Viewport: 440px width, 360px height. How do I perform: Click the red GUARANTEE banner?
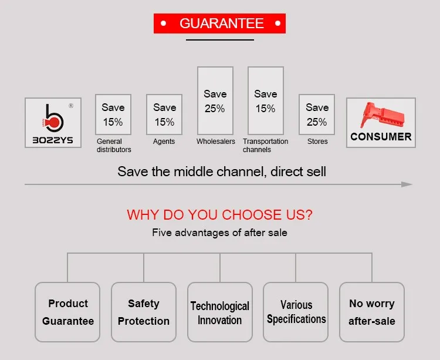pyautogui.click(x=219, y=23)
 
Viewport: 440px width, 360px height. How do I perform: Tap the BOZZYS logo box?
pyautogui.click(x=53, y=123)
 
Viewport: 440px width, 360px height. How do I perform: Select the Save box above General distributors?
pyautogui.click(x=113, y=115)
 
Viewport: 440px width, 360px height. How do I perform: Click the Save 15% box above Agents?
pyautogui.click(x=164, y=115)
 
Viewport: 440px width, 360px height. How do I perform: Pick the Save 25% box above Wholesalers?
pyautogui.click(x=215, y=101)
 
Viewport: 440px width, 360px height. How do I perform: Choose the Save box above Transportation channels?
pyautogui.click(x=266, y=101)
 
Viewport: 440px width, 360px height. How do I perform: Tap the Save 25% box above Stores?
pyautogui.click(x=317, y=115)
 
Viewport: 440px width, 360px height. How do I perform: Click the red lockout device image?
pyautogui.click(x=382, y=116)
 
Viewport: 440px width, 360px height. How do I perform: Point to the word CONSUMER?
pyautogui.click(x=381, y=137)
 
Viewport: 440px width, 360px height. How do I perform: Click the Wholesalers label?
pyautogui.click(x=215, y=142)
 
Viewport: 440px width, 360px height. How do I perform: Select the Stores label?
pyautogui.click(x=317, y=142)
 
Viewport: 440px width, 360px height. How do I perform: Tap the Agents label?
pyautogui.click(x=164, y=142)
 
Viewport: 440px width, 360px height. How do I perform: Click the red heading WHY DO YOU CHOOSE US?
pyautogui.click(x=219, y=215)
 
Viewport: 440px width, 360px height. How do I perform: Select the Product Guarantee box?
pyautogui.click(x=67, y=312)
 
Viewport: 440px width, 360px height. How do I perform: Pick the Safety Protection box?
pyautogui.click(x=144, y=312)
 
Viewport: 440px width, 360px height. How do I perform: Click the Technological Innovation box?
pyautogui.click(x=220, y=312)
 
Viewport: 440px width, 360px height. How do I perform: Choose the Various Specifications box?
pyautogui.click(x=296, y=312)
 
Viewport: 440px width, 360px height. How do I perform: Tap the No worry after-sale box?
pyautogui.click(x=372, y=312)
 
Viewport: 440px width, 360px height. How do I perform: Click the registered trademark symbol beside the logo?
pyautogui.click(x=71, y=106)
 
